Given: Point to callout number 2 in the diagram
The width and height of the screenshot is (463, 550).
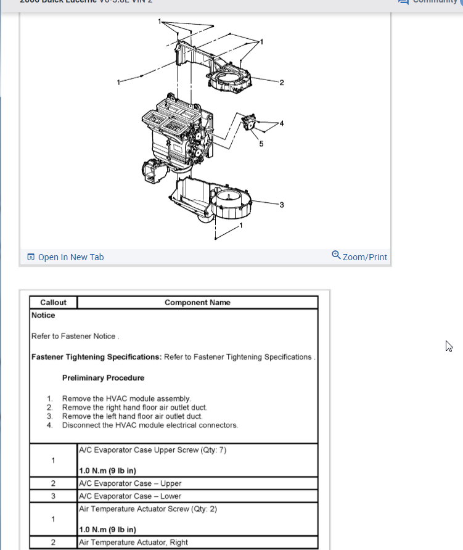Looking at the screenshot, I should [x=281, y=83].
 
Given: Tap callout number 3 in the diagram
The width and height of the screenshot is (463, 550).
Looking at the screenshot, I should [x=281, y=205].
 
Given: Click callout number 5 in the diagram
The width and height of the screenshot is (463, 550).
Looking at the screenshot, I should [x=261, y=144].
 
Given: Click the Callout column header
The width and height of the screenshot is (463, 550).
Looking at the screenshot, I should [x=53, y=303].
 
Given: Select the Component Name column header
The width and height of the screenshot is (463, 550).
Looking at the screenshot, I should [x=197, y=303].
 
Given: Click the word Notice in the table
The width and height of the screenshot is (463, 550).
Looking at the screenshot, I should [x=43, y=315].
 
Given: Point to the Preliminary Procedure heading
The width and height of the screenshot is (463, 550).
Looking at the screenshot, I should [x=103, y=378].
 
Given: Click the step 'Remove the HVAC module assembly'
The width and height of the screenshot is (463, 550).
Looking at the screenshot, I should [x=126, y=399].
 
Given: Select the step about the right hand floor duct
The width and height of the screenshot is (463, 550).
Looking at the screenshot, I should [x=134, y=408].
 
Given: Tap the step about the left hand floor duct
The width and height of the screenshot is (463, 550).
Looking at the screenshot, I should [x=132, y=416].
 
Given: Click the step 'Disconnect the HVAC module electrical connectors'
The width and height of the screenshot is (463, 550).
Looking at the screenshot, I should [x=150, y=425].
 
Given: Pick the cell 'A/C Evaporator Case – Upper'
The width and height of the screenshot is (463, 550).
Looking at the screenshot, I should [x=130, y=483].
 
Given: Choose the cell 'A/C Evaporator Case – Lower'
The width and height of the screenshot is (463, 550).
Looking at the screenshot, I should [x=130, y=496].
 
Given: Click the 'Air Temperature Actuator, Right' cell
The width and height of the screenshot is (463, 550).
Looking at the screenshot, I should [x=133, y=543].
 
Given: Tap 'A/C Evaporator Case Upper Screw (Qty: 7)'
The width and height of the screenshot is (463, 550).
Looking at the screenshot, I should [x=152, y=450].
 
